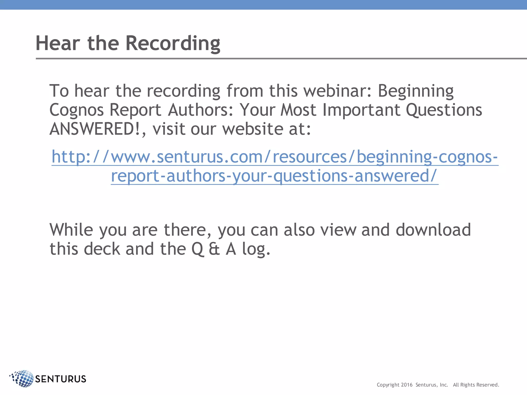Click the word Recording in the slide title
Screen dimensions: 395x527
[173, 43]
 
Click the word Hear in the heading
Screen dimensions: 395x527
[58, 43]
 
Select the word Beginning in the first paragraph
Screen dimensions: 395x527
[415, 91]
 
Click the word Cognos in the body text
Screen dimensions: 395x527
[76, 110]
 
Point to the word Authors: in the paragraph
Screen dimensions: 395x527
[201, 110]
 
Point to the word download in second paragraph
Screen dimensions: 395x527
[433, 230]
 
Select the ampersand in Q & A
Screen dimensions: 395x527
[214, 249]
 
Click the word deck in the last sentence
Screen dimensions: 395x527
[102, 249]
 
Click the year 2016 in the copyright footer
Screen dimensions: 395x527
[407, 385]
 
